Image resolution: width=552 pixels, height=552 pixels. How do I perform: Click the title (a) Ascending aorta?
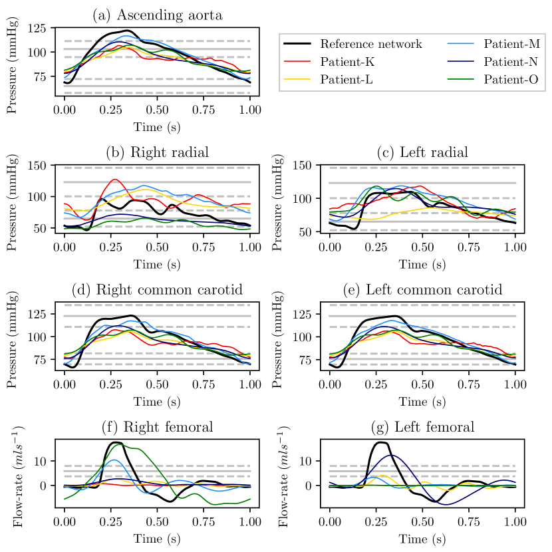(158, 15)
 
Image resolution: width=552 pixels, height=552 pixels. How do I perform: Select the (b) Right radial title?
(158, 152)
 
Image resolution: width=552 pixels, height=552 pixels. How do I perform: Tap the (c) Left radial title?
(422, 152)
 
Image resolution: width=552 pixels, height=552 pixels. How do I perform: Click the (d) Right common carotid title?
(158, 290)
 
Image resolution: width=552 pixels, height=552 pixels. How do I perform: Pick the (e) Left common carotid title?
(422, 290)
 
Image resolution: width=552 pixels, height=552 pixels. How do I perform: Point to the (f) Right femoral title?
(158, 427)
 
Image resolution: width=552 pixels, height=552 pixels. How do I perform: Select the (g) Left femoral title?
(422, 427)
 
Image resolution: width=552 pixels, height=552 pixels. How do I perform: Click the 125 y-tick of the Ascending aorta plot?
(38, 29)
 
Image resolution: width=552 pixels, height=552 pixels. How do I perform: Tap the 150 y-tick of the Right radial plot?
(38, 166)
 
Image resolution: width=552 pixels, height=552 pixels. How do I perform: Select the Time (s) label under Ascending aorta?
(158, 126)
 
